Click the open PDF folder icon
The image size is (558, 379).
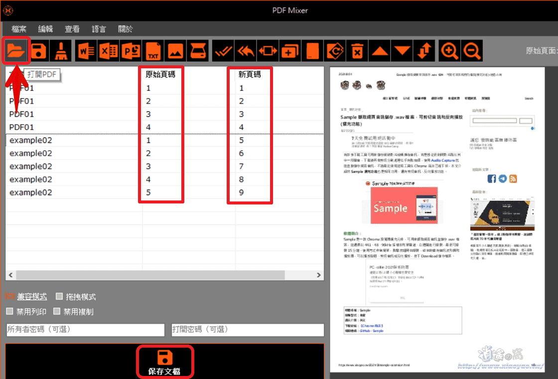point(16,50)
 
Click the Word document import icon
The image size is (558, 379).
point(86,50)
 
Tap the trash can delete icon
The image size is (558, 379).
point(357,50)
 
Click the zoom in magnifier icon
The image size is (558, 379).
point(449,50)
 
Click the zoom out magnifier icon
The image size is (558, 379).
point(472,50)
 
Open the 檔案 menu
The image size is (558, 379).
point(19,29)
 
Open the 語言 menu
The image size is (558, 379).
point(99,29)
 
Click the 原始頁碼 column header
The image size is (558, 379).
point(160,75)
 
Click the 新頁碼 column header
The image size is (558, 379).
point(249,75)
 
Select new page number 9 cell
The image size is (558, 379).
point(242,192)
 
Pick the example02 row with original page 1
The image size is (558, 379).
point(31,141)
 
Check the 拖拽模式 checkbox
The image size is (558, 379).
point(59,297)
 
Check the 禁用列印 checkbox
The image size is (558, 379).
point(9,312)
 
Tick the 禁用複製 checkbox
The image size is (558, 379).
point(57,312)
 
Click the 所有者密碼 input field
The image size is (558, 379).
point(85,330)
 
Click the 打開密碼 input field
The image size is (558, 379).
point(247,330)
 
